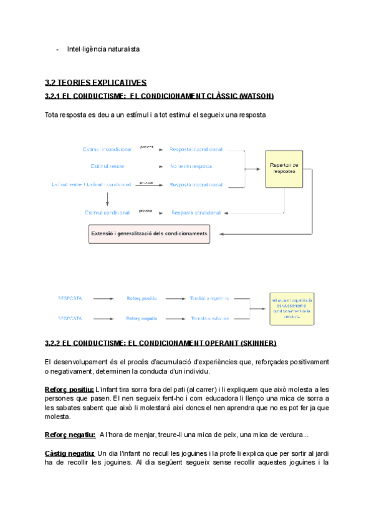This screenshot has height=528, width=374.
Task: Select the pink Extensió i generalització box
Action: [x=149, y=234]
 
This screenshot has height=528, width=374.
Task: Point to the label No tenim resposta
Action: [x=191, y=166]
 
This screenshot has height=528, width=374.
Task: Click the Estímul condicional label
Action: [x=107, y=212]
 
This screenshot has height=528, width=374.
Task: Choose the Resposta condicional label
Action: [x=196, y=212]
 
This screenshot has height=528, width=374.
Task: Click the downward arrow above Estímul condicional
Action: [x=107, y=199]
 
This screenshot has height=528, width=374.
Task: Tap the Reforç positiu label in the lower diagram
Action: [x=141, y=298]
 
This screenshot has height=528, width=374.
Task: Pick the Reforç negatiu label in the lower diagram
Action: [x=141, y=318]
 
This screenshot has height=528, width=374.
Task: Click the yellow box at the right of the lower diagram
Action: [x=292, y=308]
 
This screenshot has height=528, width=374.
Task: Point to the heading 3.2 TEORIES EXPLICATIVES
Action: [x=96, y=82]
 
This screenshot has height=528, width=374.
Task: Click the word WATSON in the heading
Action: [x=256, y=97]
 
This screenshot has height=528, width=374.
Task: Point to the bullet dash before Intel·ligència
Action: [x=57, y=49]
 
